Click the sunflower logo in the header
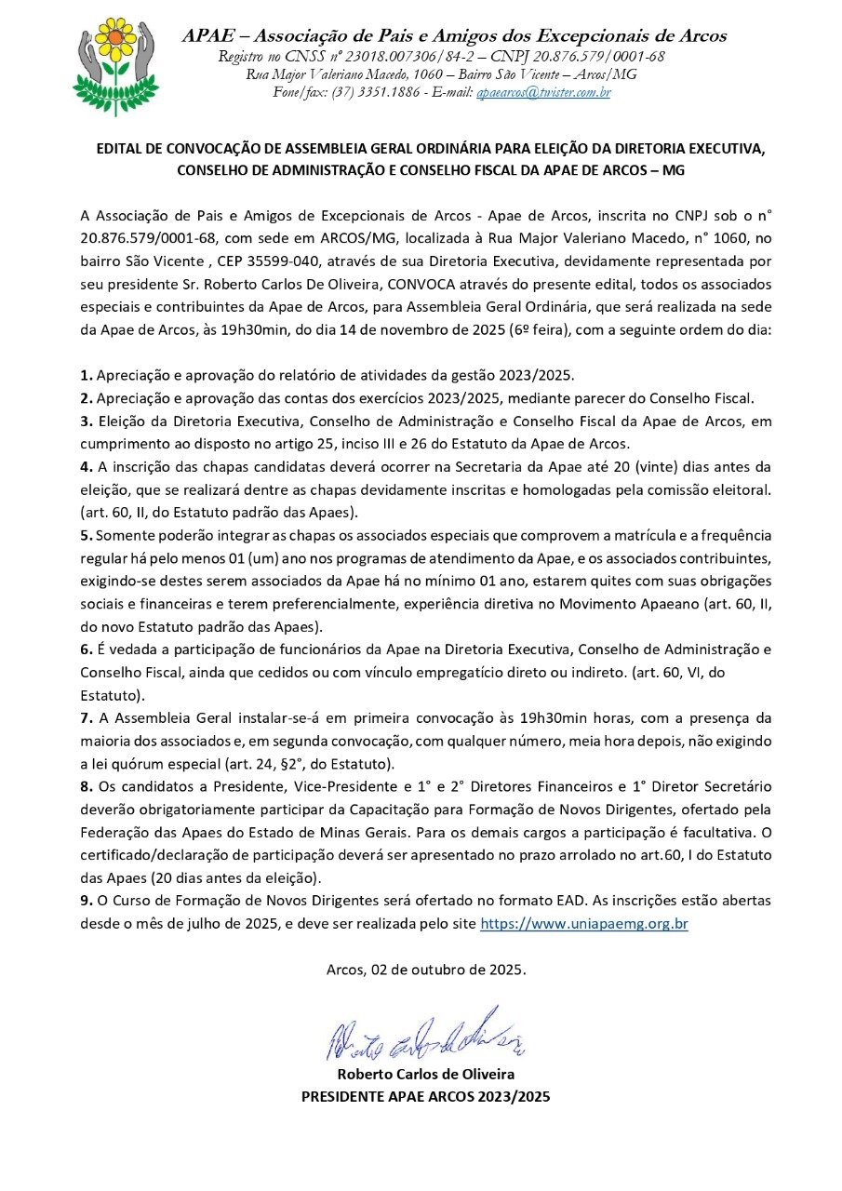115,62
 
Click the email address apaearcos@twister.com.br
543,93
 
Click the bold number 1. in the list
87,375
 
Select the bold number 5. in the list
87,536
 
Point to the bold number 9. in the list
87,901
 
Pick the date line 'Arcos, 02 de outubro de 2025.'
426,969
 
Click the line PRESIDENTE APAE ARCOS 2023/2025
426,1096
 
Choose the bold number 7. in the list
87,718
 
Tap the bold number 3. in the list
87,421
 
